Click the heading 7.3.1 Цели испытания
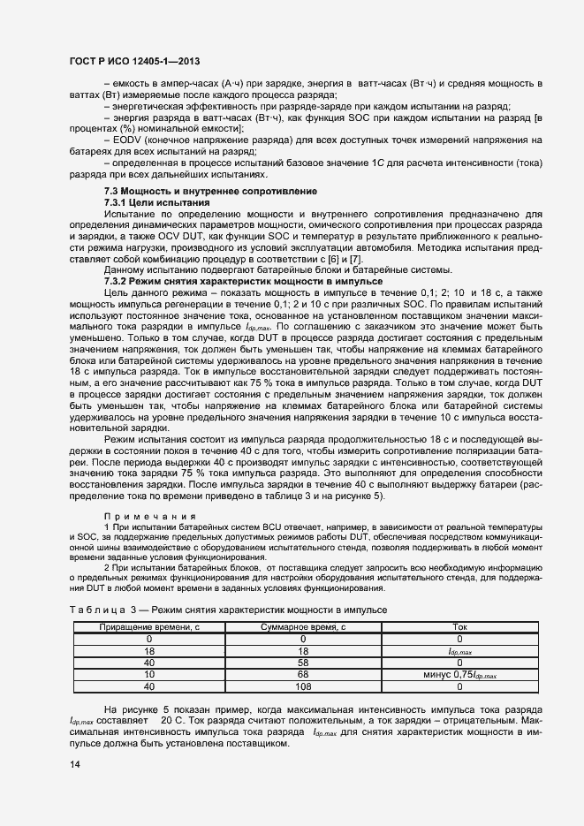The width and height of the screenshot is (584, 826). point(156,202)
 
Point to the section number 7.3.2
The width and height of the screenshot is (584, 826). point(119,280)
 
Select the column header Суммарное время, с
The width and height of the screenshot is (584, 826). point(303,626)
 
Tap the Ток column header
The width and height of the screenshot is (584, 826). point(459,626)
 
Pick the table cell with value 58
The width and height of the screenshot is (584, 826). point(303,662)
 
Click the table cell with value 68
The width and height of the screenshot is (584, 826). point(303,673)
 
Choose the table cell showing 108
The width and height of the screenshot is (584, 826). point(303,685)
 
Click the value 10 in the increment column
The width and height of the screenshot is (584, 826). point(149,673)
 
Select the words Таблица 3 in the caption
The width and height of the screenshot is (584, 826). point(100,610)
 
